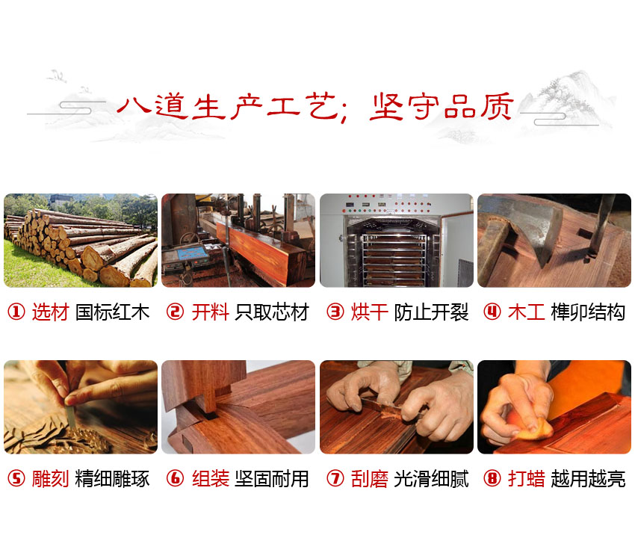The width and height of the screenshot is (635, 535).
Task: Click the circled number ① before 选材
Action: (x=16, y=312)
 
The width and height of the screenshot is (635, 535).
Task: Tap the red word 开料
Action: (x=210, y=312)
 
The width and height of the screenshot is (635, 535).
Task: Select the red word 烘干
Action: (x=370, y=312)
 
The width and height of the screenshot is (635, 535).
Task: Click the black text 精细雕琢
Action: (x=112, y=479)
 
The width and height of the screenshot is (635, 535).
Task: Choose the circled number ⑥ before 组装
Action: (x=175, y=479)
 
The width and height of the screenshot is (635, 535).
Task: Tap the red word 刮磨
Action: (x=370, y=479)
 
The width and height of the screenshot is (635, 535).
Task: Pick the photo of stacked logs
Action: (x=81, y=241)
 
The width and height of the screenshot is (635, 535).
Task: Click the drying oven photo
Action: (x=397, y=241)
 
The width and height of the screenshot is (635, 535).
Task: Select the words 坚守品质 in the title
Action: (x=442, y=108)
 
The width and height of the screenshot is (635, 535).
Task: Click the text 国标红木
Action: (x=112, y=312)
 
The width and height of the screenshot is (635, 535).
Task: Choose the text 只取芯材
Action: (x=271, y=312)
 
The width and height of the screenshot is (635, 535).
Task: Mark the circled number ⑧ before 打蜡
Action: (x=492, y=479)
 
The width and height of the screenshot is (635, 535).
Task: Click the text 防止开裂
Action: (x=431, y=312)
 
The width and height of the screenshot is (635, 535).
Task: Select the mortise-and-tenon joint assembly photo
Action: (x=238, y=407)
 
